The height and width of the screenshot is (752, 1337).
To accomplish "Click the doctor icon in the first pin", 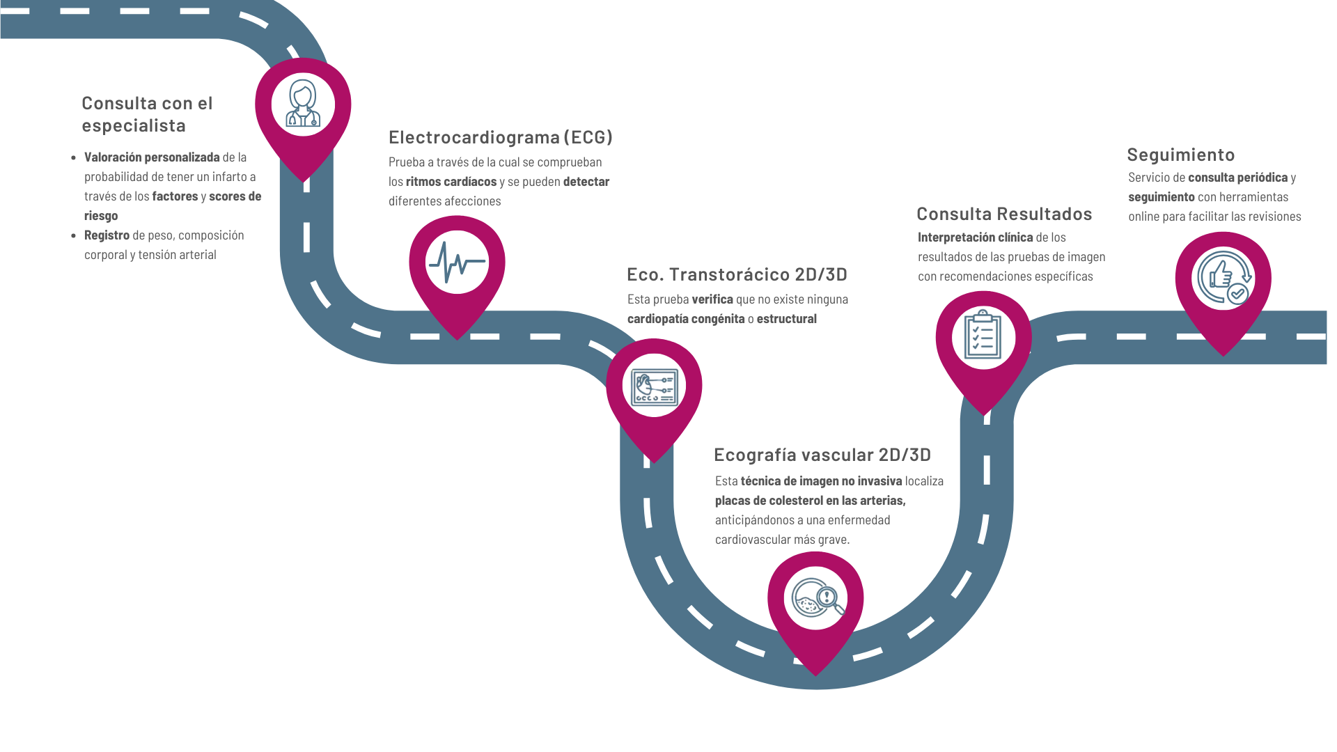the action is tap(303, 103).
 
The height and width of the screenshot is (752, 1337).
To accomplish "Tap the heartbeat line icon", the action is tap(457, 263).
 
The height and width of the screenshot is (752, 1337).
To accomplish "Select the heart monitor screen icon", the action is tap(654, 387).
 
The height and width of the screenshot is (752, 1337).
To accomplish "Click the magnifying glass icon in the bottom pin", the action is tap(818, 598).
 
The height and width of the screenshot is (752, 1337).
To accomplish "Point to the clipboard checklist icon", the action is tap(983, 334).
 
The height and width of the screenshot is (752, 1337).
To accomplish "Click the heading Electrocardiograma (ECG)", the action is tap(500, 137).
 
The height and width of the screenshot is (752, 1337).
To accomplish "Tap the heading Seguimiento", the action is tap(1180, 155).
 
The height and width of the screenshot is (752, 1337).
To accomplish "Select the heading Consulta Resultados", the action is tap(1004, 214).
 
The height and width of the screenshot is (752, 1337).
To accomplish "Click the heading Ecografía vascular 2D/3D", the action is tap(822, 455).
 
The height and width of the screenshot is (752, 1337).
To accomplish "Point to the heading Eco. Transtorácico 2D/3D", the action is tap(737, 274).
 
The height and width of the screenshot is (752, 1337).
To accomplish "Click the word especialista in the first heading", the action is tap(134, 126).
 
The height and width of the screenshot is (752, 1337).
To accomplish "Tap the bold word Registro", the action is tap(107, 235).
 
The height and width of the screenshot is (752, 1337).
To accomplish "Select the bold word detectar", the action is tap(586, 182).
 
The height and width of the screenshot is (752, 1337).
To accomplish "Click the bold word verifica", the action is tap(712, 299).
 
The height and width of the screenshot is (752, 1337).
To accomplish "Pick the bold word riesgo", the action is tap(101, 216).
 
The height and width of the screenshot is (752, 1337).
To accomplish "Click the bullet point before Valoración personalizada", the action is tap(74, 158).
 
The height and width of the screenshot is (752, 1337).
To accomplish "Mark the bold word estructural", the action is tap(787, 319).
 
